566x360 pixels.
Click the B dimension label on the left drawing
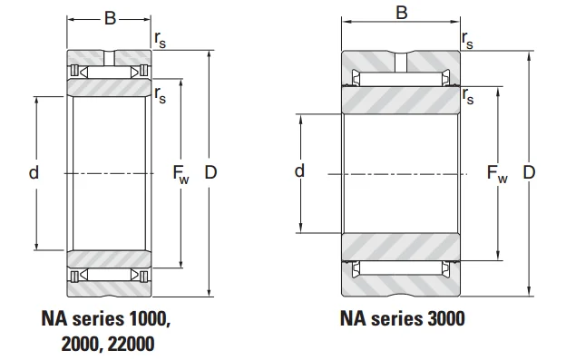coord(110,18)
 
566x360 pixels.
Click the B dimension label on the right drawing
coord(402,13)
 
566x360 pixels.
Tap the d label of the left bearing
coord(34,172)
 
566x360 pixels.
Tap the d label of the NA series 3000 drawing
coord(299,171)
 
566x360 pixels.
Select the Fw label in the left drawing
coord(181,174)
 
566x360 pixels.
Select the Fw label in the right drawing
coord(497,173)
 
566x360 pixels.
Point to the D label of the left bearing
coord(210,172)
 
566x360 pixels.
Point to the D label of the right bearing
coord(529,172)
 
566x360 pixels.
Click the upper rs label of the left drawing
coord(161,39)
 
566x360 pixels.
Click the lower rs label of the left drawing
coord(161,95)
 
